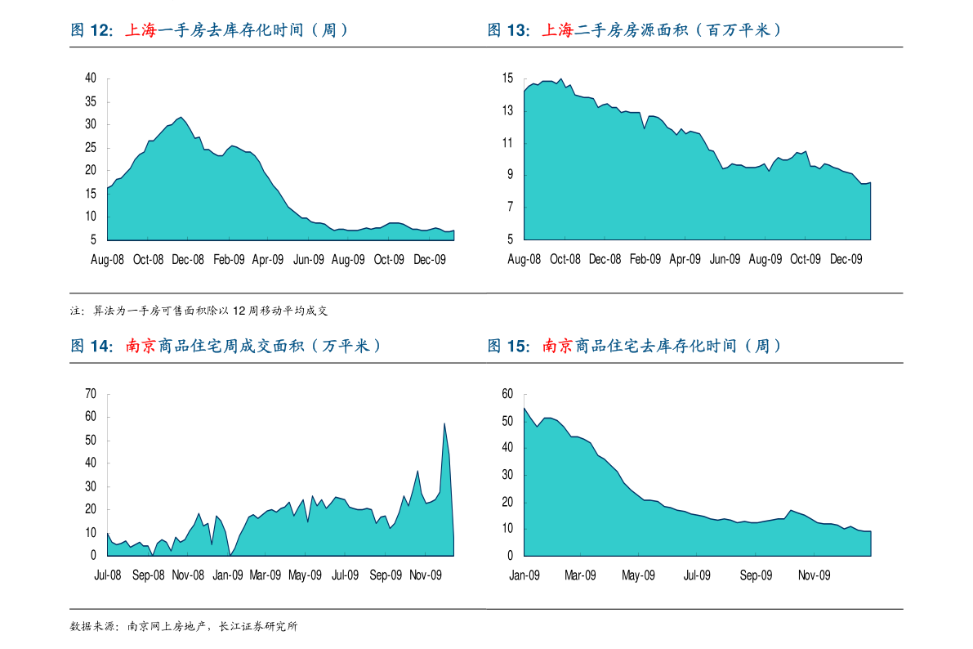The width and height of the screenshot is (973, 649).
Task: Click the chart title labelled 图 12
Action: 209,29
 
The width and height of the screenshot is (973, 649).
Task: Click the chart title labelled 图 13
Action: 634,29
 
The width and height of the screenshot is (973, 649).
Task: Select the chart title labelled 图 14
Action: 225,346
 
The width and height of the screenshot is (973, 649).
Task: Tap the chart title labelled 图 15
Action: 634,346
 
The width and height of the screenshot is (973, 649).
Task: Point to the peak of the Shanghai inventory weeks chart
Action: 181,117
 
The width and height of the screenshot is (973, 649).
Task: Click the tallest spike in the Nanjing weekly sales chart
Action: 444,423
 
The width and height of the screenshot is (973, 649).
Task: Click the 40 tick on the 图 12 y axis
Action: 91,78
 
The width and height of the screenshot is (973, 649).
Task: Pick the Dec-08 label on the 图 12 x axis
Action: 187,260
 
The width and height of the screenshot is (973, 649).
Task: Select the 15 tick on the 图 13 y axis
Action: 507,78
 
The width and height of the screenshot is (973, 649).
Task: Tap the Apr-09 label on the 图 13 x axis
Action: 685,259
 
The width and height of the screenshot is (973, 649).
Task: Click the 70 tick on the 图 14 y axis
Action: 91,394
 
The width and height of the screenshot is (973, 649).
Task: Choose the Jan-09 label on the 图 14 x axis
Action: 228,575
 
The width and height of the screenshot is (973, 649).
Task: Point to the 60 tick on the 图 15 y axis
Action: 507,394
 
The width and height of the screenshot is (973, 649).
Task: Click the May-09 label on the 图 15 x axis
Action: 638,575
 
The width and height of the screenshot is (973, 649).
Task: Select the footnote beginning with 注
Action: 199,311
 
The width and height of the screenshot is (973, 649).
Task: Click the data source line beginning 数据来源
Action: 184,626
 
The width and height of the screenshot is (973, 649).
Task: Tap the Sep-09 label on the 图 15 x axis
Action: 756,575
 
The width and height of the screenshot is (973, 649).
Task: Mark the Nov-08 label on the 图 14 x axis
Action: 188,575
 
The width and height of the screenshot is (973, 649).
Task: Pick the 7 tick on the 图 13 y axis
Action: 510,207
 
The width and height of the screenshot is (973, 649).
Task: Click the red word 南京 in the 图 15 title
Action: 557,346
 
